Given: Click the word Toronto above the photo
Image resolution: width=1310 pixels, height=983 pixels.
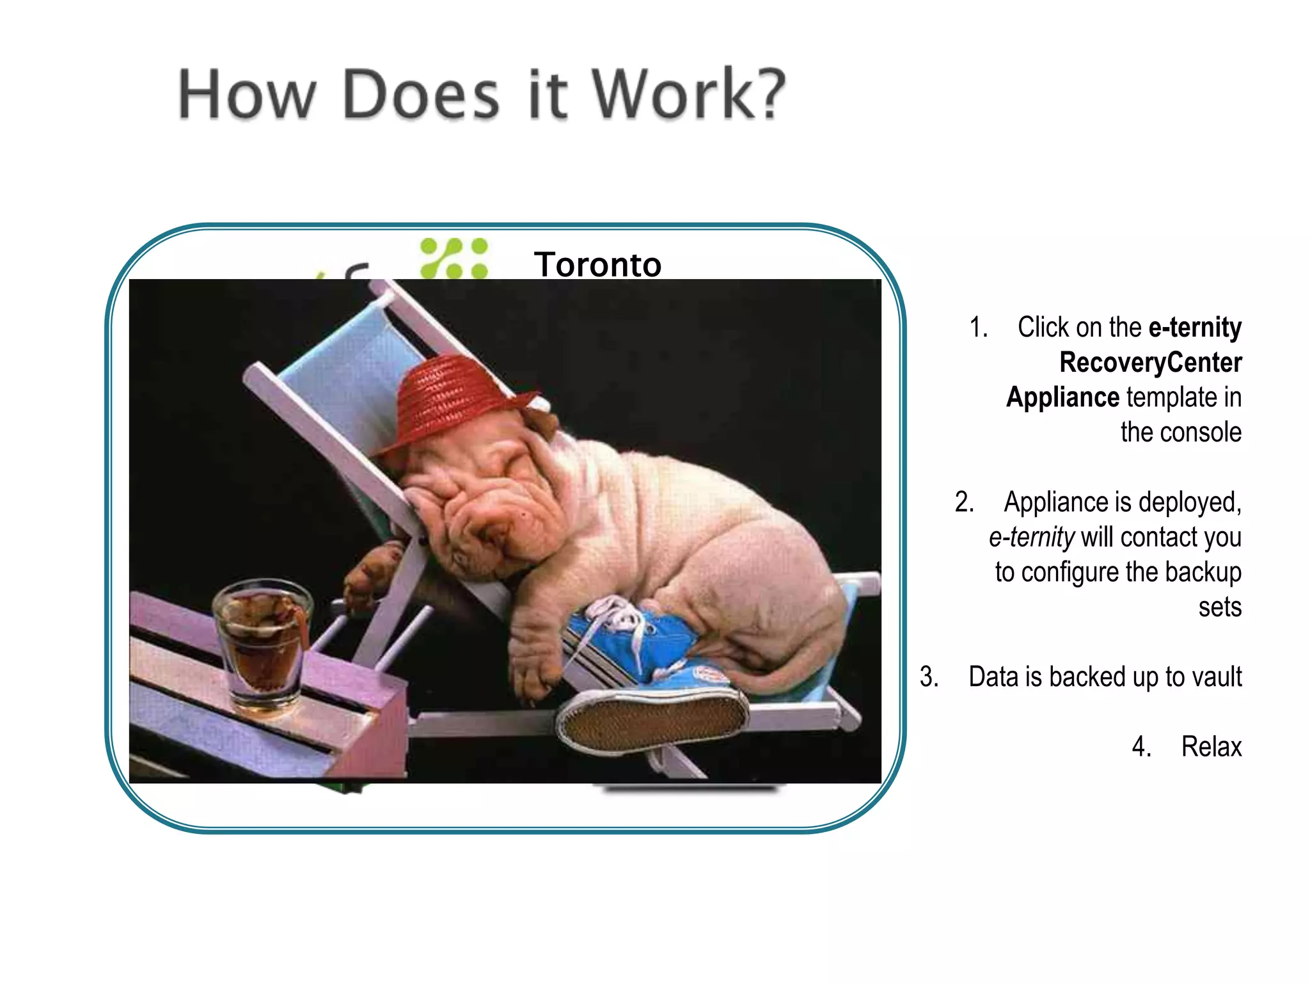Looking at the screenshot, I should (597, 264).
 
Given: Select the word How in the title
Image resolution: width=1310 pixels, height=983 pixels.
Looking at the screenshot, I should (247, 95).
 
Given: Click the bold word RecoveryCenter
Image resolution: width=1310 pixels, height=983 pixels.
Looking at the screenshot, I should (1150, 362).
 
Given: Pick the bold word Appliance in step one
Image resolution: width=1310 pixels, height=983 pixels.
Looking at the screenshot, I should (1062, 397).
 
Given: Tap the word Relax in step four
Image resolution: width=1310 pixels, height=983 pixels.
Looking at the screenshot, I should (1211, 747).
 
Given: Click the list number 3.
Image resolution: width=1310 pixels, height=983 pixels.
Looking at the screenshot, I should (929, 677).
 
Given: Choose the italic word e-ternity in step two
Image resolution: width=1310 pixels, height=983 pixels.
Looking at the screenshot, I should (1031, 538).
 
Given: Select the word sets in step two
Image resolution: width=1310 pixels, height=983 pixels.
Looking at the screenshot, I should (1220, 607).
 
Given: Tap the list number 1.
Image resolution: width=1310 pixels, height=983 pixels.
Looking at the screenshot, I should (978, 328).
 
